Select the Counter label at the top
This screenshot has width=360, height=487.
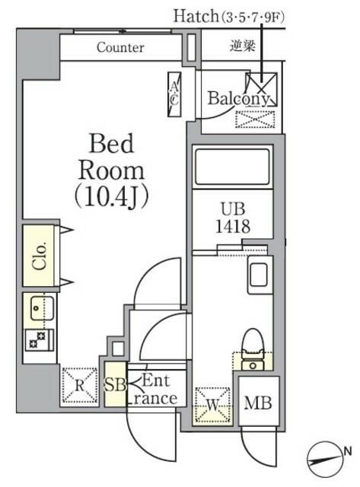(120, 47)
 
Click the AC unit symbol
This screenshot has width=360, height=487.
(174, 94)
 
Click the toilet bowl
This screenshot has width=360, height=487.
(252, 345)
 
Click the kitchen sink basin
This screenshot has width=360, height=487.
(39, 309)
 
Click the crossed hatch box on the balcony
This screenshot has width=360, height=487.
(258, 87)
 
